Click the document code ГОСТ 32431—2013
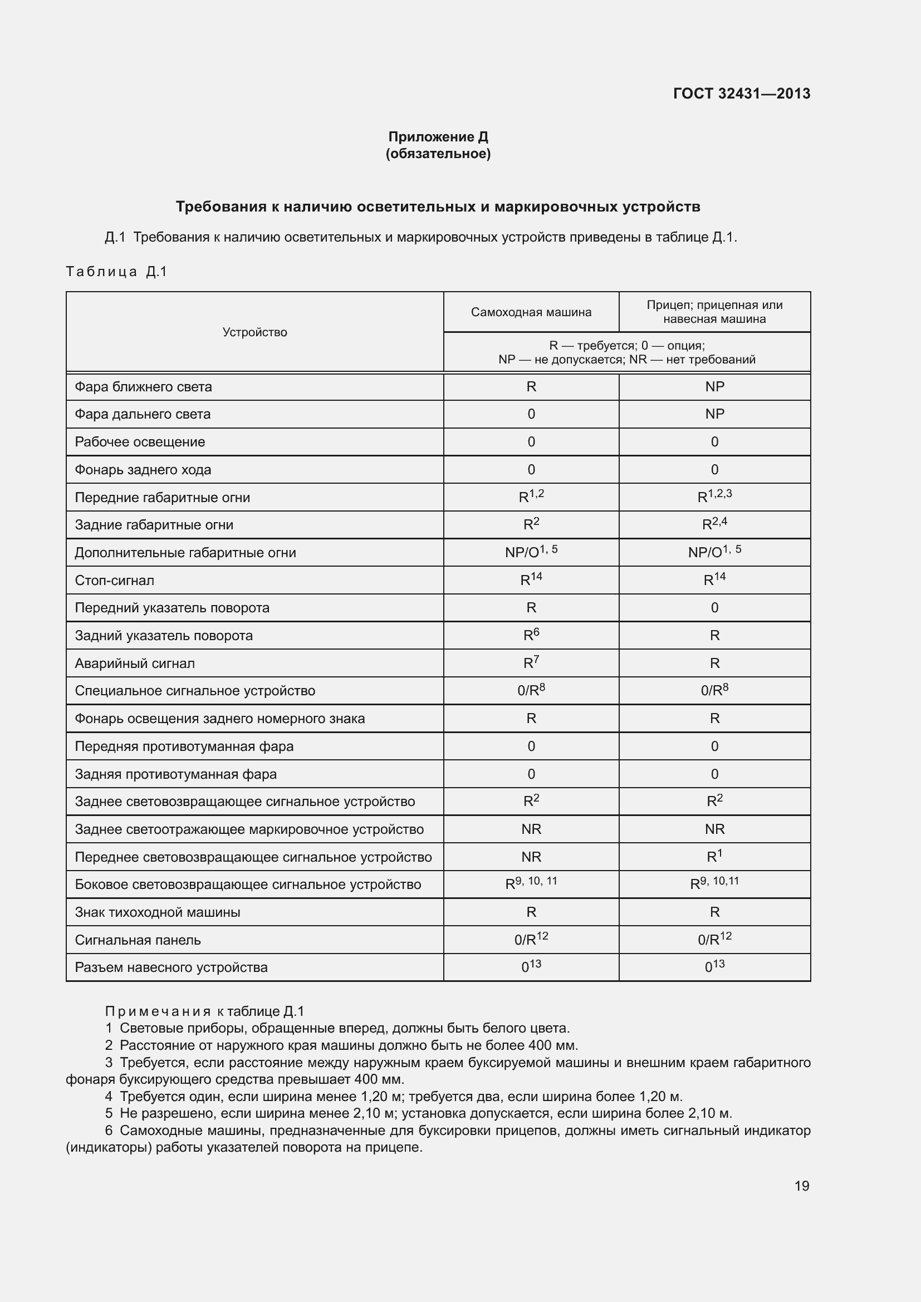[741, 94]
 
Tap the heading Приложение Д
[438, 137]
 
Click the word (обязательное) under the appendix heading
[438, 154]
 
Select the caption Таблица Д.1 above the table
[116, 272]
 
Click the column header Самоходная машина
[531, 312]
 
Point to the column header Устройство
[254, 332]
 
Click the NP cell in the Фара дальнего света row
[714, 414]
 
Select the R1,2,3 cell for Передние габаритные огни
[714, 497]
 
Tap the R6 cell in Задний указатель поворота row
[531, 635]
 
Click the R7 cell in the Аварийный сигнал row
[531, 663]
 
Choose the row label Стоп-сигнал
[114, 581]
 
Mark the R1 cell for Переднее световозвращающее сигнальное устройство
[714, 857]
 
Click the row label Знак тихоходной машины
[157, 912]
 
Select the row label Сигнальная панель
[137, 940]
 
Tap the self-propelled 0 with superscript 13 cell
[531, 967]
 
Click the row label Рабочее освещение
[140, 442]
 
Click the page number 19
[801, 1186]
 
